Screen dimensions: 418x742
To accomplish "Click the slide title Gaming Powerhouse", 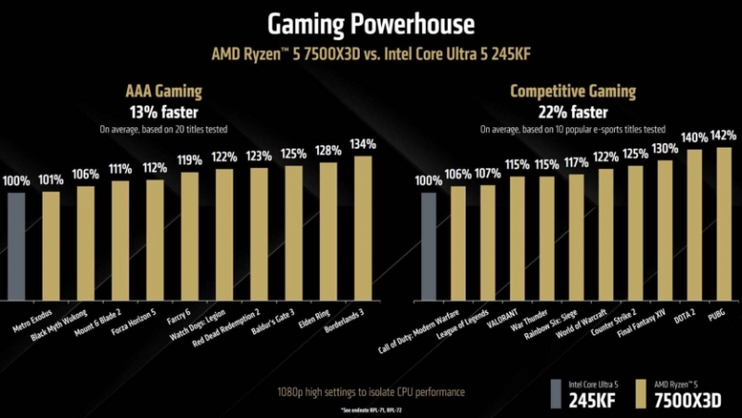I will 370,22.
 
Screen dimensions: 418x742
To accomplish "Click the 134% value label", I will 364,145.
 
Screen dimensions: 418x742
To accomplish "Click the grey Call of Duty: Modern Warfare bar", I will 428,246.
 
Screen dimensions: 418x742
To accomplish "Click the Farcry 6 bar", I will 190,236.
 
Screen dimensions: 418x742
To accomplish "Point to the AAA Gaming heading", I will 163,92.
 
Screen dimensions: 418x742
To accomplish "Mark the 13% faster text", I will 163,111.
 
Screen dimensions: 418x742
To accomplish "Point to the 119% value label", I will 190,161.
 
